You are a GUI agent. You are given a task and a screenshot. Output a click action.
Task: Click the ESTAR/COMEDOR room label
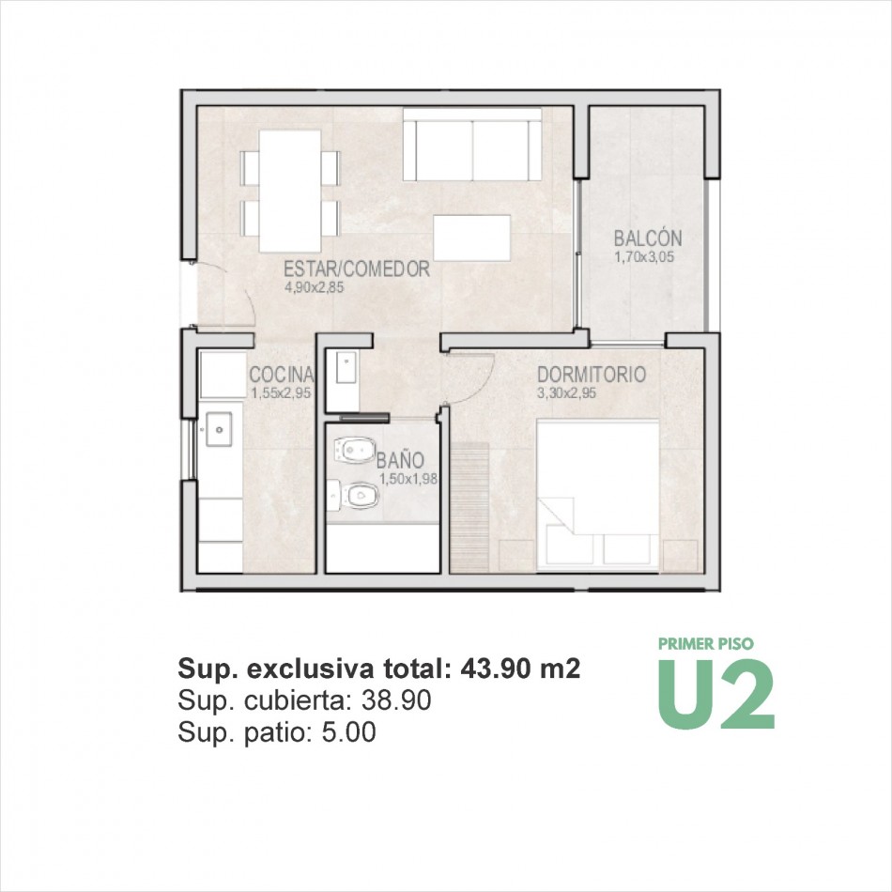pos(357,269)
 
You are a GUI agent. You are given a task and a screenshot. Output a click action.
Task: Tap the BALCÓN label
pos(647,238)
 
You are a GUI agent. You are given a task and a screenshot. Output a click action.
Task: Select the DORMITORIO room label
pos(592,375)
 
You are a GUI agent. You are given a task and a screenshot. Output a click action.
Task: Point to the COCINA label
pos(282,375)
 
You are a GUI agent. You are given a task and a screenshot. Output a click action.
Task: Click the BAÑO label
pos(400,460)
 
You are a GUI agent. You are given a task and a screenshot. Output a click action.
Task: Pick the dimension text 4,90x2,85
pos(314,287)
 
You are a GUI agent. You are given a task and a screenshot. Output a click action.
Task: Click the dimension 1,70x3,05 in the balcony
pos(644,257)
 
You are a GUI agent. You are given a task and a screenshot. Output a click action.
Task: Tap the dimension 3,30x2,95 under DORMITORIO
pos(566,393)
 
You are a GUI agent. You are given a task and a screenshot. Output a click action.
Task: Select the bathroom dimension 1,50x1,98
pos(408,479)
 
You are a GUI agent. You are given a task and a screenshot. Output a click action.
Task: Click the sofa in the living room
pos(472,145)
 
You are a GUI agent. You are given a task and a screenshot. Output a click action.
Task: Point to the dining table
pos(290,192)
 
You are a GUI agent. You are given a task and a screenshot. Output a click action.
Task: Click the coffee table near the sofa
pos(472,238)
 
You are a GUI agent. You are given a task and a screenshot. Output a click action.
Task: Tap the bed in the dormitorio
pos(598,495)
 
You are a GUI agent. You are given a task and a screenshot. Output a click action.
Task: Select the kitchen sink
pos(219,429)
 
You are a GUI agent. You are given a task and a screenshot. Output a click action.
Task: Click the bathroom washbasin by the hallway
pos(346,367)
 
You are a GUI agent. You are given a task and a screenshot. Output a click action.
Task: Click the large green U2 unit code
pos(716,694)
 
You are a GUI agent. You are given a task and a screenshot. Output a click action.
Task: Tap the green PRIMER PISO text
pos(706,644)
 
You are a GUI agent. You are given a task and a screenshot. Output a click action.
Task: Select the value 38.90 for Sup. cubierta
pos(396,700)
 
